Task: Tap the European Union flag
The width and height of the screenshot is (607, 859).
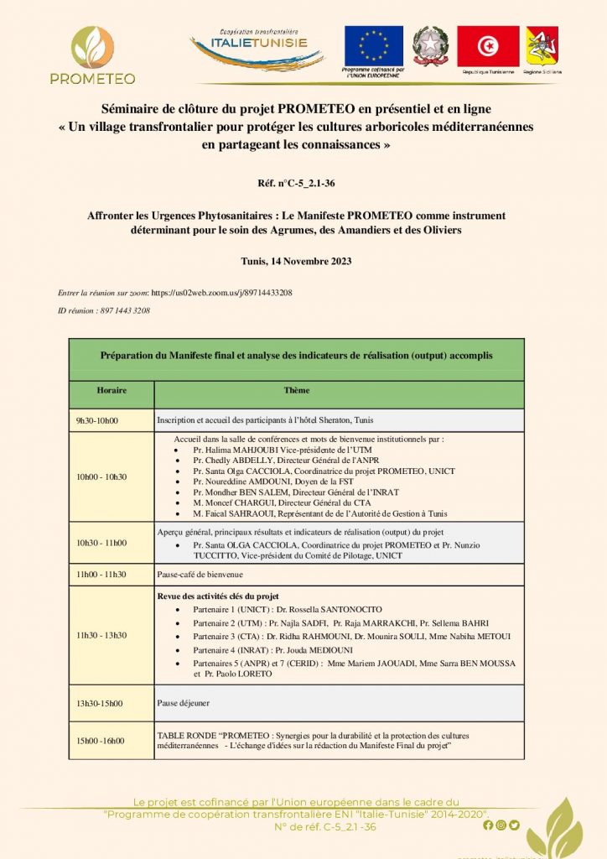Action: point(374,46)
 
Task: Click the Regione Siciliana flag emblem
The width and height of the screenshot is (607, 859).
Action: point(542,46)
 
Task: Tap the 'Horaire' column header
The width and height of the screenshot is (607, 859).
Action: point(112,390)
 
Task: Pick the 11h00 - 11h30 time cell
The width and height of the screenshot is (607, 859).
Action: point(101,574)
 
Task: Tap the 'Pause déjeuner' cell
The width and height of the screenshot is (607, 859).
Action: point(184,703)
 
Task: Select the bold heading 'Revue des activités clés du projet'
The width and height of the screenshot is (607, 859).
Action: point(217,595)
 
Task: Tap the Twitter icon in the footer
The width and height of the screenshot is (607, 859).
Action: point(514,825)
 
